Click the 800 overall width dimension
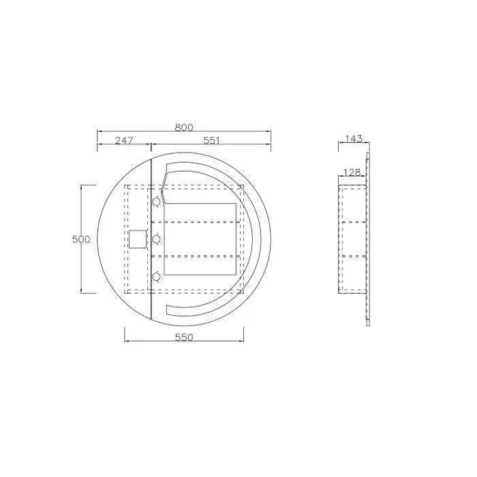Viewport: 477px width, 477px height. click(x=184, y=127)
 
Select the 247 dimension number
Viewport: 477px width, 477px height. click(x=123, y=140)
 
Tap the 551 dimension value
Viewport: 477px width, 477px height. click(x=211, y=140)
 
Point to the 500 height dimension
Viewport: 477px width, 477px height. click(x=81, y=239)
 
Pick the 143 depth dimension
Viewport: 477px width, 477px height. click(x=354, y=139)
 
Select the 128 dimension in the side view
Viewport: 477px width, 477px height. click(x=352, y=173)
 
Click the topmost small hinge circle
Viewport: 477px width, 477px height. click(x=156, y=202)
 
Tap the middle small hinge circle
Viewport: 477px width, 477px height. click(x=156, y=238)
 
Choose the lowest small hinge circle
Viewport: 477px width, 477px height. click(x=156, y=276)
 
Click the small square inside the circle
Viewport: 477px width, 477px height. click(x=138, y=239)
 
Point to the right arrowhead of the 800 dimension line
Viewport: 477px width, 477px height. click(x=271, y=132)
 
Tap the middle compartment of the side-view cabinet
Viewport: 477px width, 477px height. click(x=353, y=238)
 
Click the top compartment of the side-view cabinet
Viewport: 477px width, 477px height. click(x=353, y=203)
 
